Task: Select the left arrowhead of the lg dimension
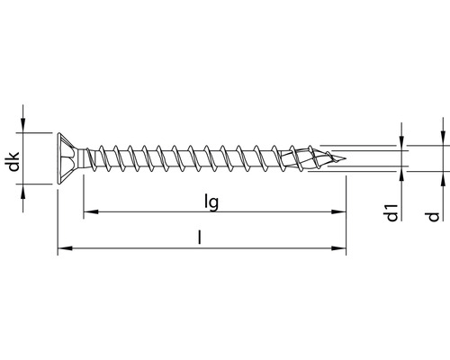89,213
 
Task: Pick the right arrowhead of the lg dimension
341,213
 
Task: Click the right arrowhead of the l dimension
341,247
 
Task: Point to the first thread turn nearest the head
99,160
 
